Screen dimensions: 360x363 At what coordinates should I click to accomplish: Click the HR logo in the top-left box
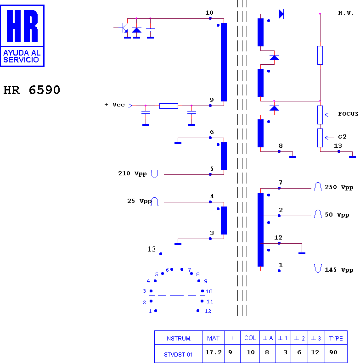22,26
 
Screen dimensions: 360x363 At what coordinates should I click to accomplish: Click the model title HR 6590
32,90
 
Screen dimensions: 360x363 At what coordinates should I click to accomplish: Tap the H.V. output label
346,13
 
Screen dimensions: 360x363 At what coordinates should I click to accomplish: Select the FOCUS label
348,114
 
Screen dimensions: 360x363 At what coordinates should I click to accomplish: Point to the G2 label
342,137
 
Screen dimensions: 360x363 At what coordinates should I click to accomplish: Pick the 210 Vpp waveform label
132,173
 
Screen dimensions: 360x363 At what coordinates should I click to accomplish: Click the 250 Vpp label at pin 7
339,187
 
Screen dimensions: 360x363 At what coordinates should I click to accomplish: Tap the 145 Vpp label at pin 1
339,270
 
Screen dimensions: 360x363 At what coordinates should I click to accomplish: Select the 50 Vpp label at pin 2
337,215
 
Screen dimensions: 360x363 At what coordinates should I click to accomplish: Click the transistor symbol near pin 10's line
124,28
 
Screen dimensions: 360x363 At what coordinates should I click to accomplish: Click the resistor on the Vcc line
169,106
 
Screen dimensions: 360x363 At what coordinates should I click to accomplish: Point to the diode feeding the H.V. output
281,14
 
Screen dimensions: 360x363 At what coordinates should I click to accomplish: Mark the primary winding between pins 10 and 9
224,62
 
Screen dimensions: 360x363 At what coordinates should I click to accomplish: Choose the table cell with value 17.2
214,352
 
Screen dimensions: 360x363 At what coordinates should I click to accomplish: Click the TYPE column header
336,339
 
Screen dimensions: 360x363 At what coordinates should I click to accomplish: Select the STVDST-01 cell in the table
178,355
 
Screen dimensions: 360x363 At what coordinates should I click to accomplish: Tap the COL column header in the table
250,338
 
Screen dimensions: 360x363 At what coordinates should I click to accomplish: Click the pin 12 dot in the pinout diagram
198,311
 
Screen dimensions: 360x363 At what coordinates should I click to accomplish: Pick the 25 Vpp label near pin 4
140,201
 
